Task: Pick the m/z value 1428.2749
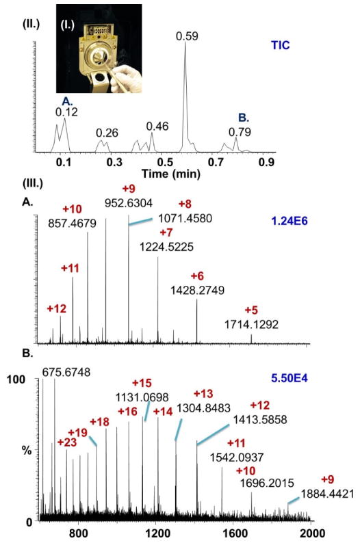196,290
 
